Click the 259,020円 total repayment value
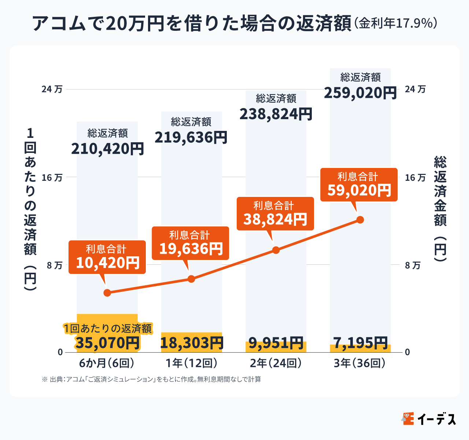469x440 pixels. click(x=360, y=93)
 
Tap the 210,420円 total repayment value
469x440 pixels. click(x=107, y=149)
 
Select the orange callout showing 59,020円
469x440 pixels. click(x=359, y=185)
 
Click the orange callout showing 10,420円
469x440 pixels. click(x=107, y=257)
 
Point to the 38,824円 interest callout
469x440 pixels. click(x=275, y=214)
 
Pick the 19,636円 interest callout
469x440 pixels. click(x=191, y=243)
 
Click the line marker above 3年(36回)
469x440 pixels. click(x=360, y=220)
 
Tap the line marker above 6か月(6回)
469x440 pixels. click(x=107, y=293)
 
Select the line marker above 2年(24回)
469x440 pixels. click(x=276, y=250)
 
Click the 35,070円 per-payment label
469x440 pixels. click(x=107, y=343)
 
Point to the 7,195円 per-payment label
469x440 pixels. click(x=360, y=343)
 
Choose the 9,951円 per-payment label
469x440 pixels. click(x=276, y=343)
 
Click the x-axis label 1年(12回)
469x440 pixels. click(x=191, y=363)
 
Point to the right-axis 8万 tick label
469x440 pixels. click(x=413, y=265)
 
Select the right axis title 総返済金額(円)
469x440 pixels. click(x=440, y=209)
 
